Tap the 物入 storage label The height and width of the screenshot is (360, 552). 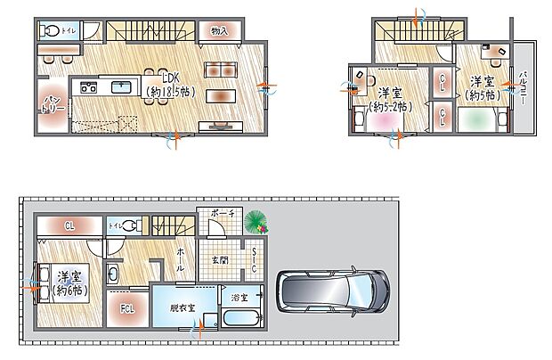pos(219,31)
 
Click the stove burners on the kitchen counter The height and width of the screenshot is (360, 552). pos(90,87)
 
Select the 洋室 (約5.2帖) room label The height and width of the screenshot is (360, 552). pos(387,99)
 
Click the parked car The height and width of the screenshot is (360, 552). pos(332,290)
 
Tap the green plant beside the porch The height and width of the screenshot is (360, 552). pos(256,220)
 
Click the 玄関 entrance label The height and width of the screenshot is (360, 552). pos(219,259)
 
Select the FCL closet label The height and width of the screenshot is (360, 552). pos(127,309)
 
